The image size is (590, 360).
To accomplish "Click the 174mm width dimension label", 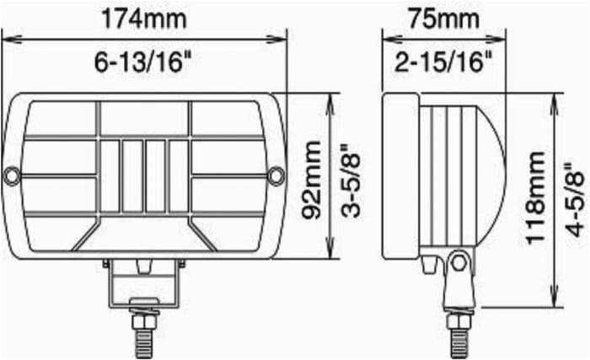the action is pos(144,19).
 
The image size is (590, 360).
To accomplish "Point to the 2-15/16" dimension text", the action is pos(443,62).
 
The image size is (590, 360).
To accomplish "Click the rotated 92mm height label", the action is pos(313,180).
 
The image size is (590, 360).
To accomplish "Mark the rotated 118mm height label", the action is pos(535,197).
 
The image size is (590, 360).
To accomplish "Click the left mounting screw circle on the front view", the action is pos(12,175).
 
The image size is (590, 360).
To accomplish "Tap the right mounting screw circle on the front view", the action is pos(276,175).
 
